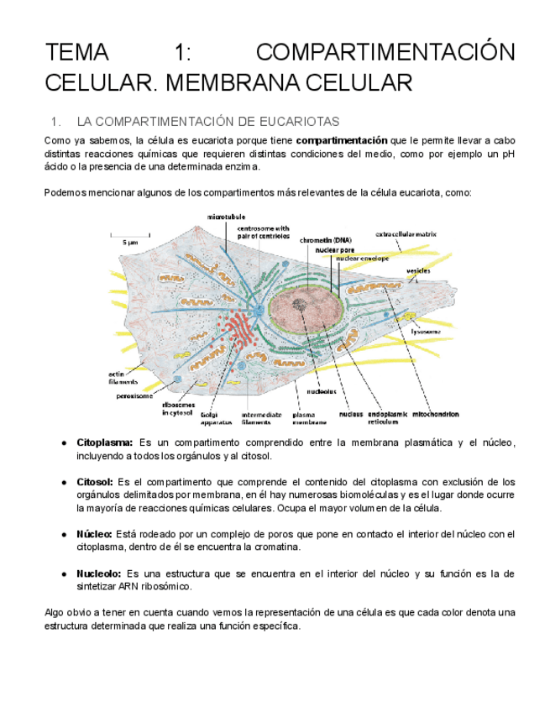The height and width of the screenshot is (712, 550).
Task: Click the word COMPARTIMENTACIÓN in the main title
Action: click(385, 53)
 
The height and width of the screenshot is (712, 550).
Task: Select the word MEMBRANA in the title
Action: click(240, 83)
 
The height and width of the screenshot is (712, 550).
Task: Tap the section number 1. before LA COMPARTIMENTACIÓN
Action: click(56, 122)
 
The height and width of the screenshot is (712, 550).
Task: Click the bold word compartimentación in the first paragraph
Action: click(342, 140)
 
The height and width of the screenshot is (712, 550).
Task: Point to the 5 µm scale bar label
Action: click(130, 241)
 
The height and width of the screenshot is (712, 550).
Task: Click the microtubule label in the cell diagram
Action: click(227, 216)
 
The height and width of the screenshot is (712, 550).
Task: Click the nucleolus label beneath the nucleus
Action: click(322, 390)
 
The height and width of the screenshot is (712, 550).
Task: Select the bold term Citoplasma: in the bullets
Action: click(105, 442)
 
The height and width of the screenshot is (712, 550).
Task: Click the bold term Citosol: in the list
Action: click(95, 482)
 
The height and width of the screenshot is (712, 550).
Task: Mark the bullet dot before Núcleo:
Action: click(65, 534)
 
